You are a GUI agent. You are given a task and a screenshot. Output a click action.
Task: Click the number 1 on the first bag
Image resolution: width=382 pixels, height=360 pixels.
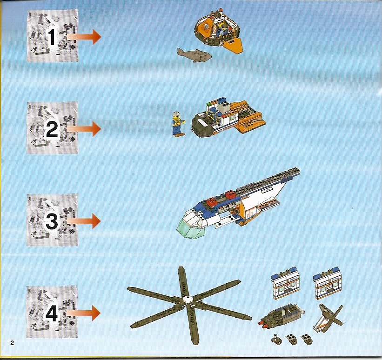pos(52,37)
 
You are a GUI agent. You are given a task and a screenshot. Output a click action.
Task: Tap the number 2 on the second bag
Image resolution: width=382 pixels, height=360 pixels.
pos(52,130)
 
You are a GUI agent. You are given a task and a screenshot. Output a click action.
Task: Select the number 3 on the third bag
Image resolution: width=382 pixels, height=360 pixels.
pos(52,222)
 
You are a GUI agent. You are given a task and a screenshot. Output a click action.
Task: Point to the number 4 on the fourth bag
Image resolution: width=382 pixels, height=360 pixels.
pos(51,314)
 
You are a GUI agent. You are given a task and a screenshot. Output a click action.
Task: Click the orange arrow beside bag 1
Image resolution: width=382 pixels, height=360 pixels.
pos(84,37)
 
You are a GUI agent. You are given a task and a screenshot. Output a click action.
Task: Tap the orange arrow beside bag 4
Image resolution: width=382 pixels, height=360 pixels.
pos(84,313)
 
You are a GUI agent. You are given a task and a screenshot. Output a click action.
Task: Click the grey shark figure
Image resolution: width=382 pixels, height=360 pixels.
pos(194,55)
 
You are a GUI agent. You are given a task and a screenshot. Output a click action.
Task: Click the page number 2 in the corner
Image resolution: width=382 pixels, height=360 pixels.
pos(12,343)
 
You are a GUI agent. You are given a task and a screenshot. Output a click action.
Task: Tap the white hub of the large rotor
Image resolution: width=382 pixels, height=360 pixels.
pos(188,300)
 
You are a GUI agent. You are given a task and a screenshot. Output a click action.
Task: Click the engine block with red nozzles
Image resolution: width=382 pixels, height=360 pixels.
pos(281,316)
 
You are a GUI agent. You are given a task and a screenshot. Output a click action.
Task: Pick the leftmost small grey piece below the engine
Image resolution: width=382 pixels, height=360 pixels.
pos(276,339)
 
